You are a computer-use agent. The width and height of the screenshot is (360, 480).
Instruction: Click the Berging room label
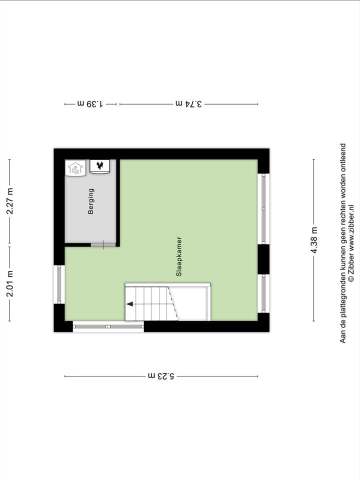pyautogui.click(x=91, y=201)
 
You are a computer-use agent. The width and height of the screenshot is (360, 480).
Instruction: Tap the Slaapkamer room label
pyautogui.click(x=178, y=256)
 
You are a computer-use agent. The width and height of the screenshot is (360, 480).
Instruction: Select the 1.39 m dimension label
pyautogui.click(x=90, y=104)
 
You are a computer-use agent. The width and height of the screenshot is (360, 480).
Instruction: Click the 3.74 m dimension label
pyautogui.click(x=189, y=104)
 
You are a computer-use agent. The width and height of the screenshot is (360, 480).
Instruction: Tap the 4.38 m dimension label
pyautogui.click(x=314, y=240)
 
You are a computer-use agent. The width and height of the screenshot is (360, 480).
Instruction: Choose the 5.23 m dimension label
pyautogui.click(x=161, y=376)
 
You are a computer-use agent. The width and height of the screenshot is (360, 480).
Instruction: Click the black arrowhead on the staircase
pyautogui.click(x=129, y=303)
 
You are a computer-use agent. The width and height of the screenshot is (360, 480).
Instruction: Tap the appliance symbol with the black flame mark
pyautogui.click(x=100, y=167)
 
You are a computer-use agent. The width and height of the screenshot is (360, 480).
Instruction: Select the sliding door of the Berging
pyautogui.click(x=103, y=244)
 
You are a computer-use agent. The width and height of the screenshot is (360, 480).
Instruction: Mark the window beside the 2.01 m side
pyautogui.click(x=59, y=284)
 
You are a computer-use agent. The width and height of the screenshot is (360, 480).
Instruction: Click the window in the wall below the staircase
pyautogui.click(x=108, y=326)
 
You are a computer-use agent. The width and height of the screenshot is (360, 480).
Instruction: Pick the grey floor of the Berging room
pyautogui.click(x=90, y=220)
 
